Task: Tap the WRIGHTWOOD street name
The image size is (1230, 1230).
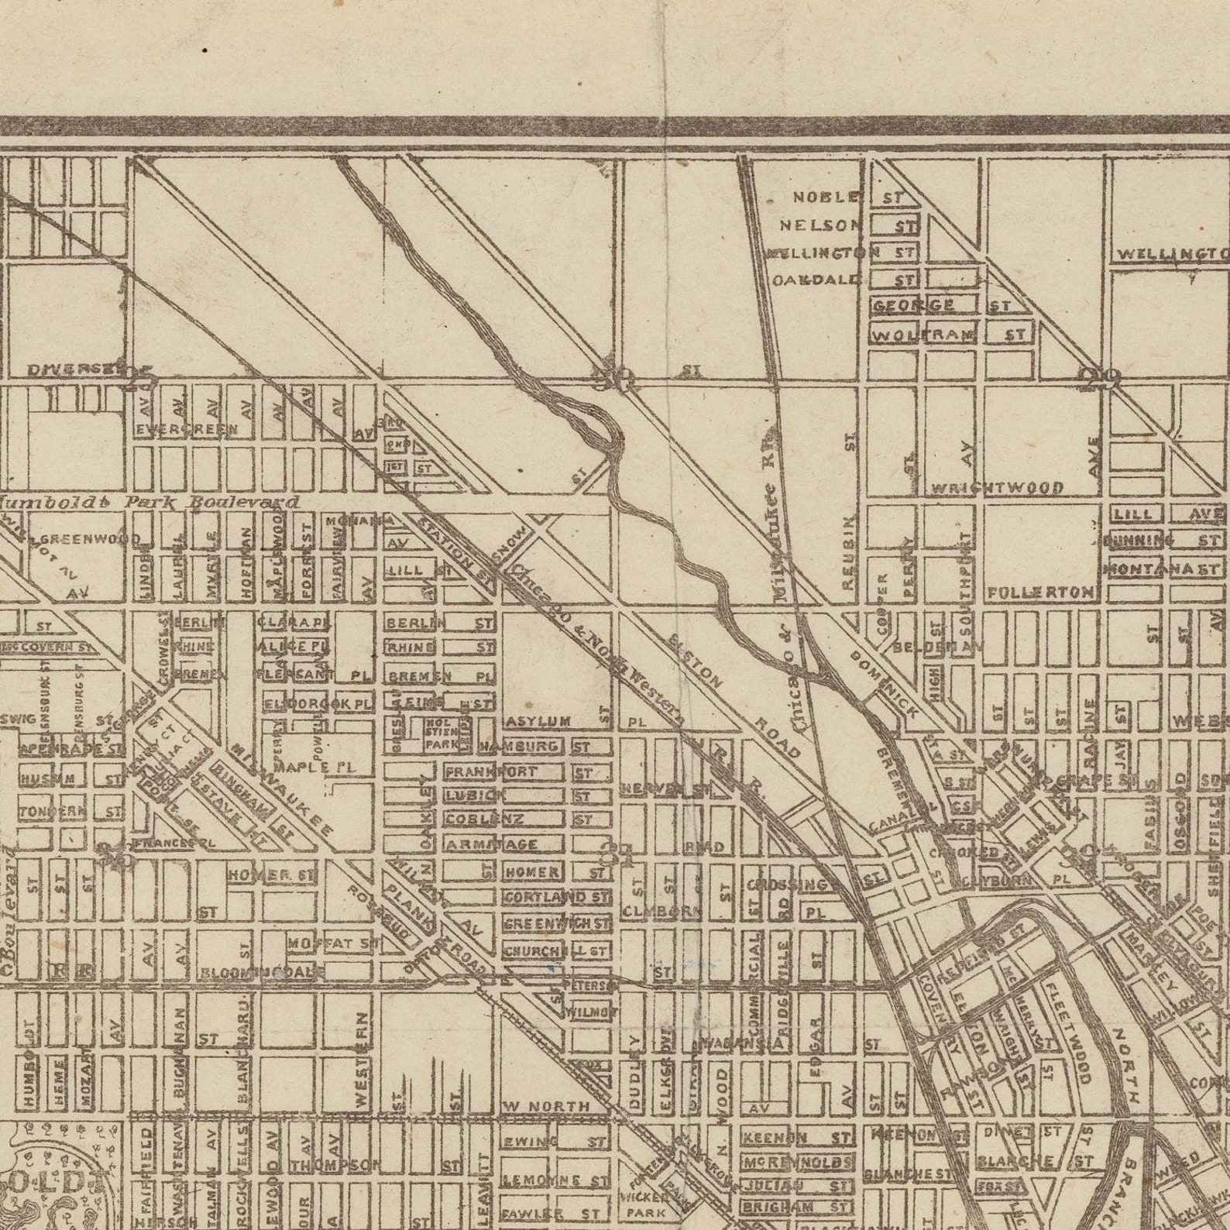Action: [997, 488]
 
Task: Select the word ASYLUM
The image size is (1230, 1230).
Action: [539, 722]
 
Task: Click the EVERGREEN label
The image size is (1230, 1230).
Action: [186, 430]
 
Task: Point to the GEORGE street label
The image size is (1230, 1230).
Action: [914, 306]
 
